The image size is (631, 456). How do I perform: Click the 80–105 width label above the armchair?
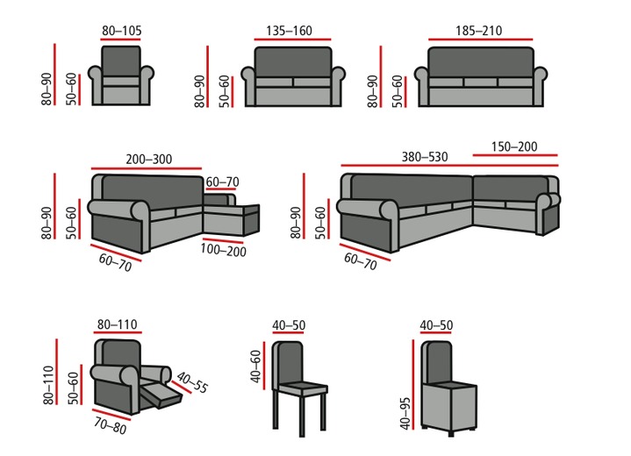(x=121, y=31)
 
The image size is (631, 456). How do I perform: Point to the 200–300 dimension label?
(x=149, y=160)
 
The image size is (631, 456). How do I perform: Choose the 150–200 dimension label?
(x=514, y=146)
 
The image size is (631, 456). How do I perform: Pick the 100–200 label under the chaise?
(x=224, y=251)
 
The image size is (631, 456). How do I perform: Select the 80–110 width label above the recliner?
(x=116, y=325)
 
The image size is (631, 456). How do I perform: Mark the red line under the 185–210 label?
(x=480, y=40)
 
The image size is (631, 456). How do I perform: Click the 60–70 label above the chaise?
(x=222, y=182)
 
